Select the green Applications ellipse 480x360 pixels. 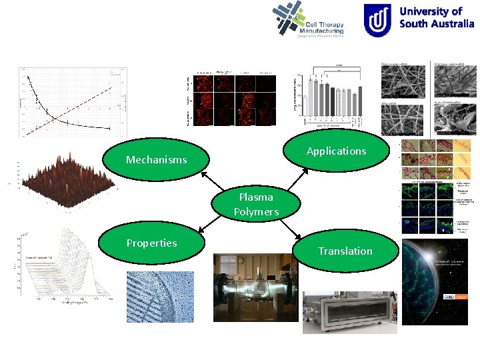[336, 151]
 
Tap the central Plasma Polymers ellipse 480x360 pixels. [256, 205]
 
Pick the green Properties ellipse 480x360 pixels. [152, 243]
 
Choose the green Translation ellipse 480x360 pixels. [345, 251]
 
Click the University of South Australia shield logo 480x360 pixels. [377, 20]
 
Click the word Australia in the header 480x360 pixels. [446, 23]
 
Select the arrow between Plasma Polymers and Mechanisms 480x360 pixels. [211, 183]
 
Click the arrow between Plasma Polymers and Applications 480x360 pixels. [296, 179]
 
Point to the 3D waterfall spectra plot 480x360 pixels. [63, 267]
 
